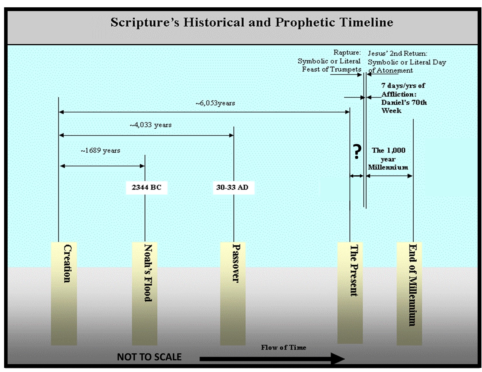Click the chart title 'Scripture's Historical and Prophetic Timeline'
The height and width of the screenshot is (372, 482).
[x=252, y=22]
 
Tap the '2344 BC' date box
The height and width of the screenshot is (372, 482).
[x=146, y=187]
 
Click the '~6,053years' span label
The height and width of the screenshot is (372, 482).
[x=215, y=103]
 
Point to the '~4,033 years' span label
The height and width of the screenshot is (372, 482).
[x=150, y=125]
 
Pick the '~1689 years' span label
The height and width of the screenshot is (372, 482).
[x=100, y=151]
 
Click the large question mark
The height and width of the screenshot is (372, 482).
[x=356, y=151]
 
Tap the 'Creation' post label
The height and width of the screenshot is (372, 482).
[x=67, y=263]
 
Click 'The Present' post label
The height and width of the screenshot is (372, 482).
[x=354, y=270]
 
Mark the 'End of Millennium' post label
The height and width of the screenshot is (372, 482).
[x=412, y=285]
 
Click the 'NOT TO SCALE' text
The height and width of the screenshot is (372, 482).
[x=149, y=357]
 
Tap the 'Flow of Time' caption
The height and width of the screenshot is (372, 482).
[x=283, y=347]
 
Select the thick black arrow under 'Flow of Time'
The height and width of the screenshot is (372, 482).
[x=272, y=359]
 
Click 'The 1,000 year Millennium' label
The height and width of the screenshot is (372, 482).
[x=388, y=159]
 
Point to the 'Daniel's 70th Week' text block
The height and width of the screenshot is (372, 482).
[x=404, y=98]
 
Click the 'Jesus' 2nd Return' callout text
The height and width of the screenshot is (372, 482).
[x=406, y=62]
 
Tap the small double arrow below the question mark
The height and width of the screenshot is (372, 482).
[x=356, y=176]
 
